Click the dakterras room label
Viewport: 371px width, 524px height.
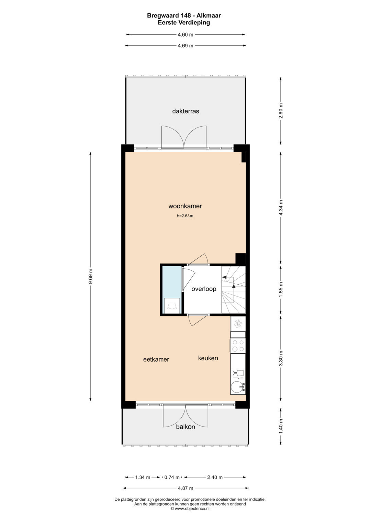(x=185, y=111)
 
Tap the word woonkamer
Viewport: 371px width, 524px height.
(x=185, y=206)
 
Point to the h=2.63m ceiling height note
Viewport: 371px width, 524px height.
(x=185, y=216)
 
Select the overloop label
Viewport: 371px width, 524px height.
(x=204, y=289)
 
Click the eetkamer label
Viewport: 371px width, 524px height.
(x=156, y=359)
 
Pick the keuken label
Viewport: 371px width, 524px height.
(x=208, y=358)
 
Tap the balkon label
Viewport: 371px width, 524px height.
(x=185, y=427)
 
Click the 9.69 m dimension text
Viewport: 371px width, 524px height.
(x=91, y=276)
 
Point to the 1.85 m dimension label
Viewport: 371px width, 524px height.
(x=281, y=290)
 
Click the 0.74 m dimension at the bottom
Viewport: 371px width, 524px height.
(x=172, y=477)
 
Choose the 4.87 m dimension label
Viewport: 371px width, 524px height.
(x=185, y=488)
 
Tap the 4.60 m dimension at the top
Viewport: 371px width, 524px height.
(x=185, y=35)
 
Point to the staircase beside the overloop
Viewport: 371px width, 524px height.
(x=234, y=290)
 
